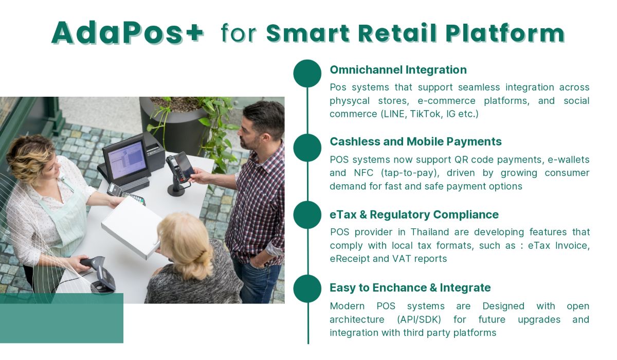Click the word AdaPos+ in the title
click(128, 33)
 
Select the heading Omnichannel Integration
click(398, 70)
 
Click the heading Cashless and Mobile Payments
click(415, 141)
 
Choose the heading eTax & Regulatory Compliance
click(414, 214)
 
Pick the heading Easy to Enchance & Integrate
click(410, 287)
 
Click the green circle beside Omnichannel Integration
click(307, 73)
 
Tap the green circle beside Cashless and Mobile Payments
click(307, 148)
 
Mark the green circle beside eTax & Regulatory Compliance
click(307, 214)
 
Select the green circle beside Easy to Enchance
click(307, 289)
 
